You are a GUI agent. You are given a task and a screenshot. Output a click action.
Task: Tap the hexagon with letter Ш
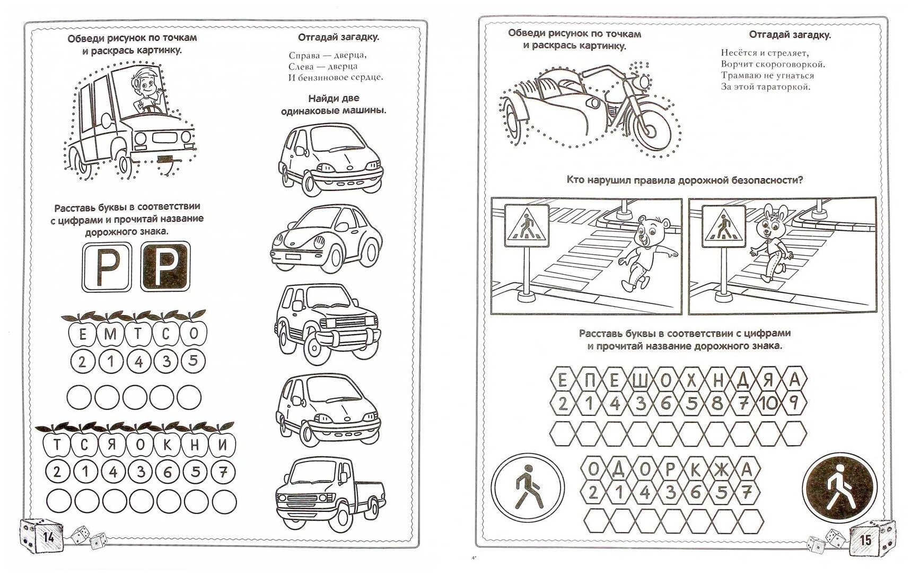click(x=640, y=380)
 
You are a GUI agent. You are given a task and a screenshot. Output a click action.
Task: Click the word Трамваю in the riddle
click(x=742, y=75)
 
